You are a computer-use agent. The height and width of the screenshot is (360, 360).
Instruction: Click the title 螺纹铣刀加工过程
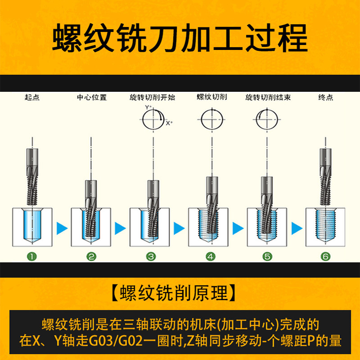(180, 38)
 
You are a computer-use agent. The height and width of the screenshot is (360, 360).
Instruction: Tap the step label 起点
(32, 97)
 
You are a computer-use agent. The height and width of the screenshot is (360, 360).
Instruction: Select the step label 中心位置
(92, 97)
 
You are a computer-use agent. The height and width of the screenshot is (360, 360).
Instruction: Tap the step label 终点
(325, 97)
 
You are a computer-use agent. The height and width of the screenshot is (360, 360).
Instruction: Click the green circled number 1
(32, 256)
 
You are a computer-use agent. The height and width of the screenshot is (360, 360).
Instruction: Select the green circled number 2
(91, 256)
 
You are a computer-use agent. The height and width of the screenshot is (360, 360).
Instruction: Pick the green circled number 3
(151, 256)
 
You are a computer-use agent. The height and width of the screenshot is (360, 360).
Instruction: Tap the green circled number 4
(210, 256)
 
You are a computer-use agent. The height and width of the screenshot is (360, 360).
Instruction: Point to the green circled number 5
(267, 256)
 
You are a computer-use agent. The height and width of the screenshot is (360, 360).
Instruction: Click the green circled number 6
(326, 256)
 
